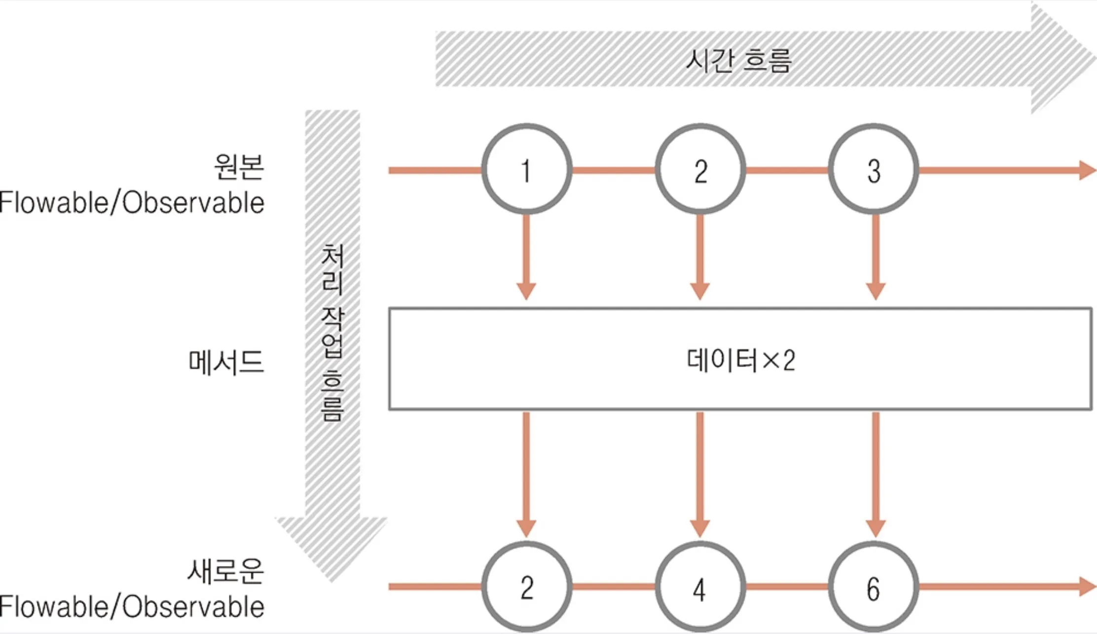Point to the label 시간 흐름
[x=738, y=61]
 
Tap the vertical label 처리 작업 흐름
[x=332, y=333]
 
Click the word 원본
[x=239, y=166]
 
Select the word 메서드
[x=226, y=362]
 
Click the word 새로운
[x=225, y=571]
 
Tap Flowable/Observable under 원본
[x=132, y=203]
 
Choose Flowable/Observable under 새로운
[x=132, y=606]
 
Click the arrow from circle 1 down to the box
[x=526, y=257]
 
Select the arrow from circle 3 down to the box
[x=876, y=257]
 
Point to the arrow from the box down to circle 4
[x=700, y=475]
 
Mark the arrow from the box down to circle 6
[x=876, y=475]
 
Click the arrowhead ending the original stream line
[x=1088, y=170]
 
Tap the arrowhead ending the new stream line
[x=1088, y=587]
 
